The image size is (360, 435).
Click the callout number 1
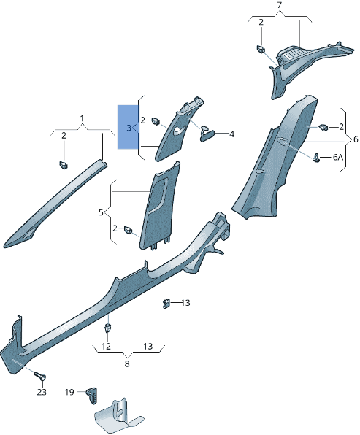tap(82, 118)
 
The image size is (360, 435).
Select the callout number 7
tap(278, 7)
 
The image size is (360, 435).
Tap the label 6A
tap(338, 158)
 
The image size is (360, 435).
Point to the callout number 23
tap(42, 392)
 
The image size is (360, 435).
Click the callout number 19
tap(69, 392)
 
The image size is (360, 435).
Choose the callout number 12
tap(106, 346)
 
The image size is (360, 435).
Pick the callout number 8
tap(126, 363)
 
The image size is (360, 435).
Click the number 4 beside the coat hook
tap(231, 134)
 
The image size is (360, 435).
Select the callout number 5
tap(102, 212)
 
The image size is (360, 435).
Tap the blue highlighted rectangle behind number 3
tap(128, 127)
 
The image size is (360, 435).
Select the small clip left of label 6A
tap(317, 157)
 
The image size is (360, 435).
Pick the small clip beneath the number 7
tap(261, 50)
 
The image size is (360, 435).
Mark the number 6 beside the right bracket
tap(355, 139)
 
